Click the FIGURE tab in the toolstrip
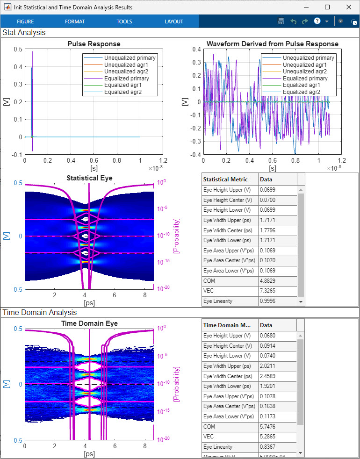(25, 22)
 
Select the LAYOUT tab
(174, 22)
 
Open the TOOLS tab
(124, 22)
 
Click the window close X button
(349, 7)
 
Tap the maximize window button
(327, 7)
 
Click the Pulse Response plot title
(94, 44)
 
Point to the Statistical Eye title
(89, 178)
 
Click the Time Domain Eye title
(89, 323)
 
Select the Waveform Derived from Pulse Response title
(273, 44)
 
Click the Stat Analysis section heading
(24, 33)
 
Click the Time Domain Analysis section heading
(40, 312)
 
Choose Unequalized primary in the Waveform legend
(308, 58)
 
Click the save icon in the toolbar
(281, 22)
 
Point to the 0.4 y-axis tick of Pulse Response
(18, 67)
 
